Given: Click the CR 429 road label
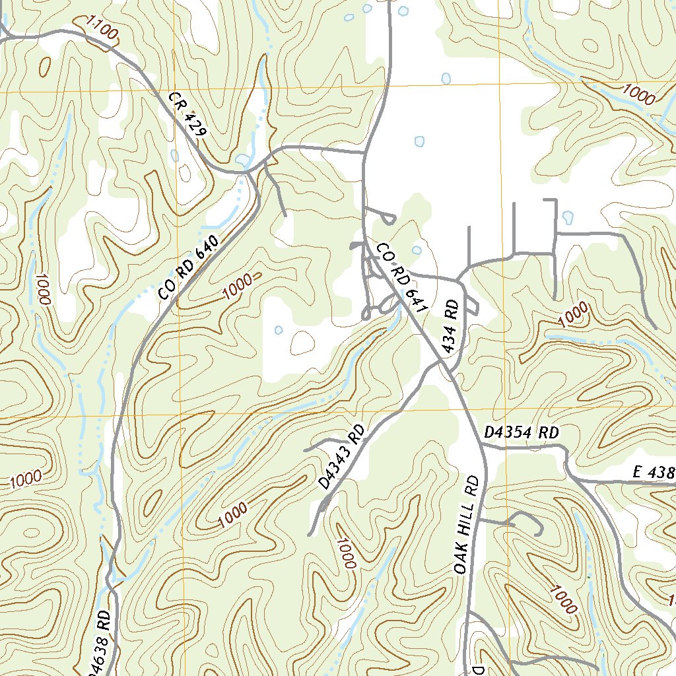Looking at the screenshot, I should [x=187, y=114].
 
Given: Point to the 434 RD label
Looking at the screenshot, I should [x=452, y=326].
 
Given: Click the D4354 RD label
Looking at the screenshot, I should [x=521, y=433].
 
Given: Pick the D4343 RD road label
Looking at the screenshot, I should [x=341, y=457].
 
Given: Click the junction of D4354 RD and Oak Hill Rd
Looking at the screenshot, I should [x=482, y=447].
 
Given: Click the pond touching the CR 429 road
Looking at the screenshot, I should [x=242, y=160].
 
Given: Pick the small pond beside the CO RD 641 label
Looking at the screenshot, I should [x=417, y=250].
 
